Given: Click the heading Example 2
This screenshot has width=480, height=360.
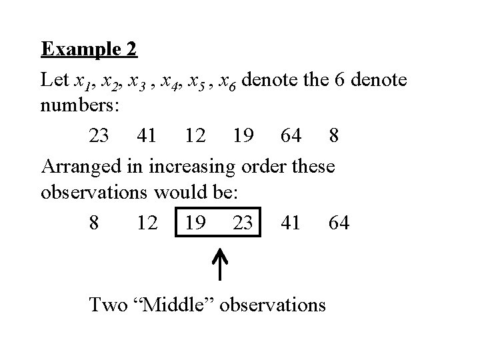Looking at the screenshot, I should pos(89,49).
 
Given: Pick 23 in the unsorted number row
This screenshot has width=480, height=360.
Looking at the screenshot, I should pos(100,136).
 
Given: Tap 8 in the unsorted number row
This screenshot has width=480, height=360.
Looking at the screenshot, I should pos(334,136).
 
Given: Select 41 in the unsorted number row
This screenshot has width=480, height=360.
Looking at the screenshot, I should pos(147,136).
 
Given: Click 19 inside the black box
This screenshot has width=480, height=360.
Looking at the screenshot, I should pos(195,222).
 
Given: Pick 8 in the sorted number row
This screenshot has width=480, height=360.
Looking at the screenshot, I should pos(94,222).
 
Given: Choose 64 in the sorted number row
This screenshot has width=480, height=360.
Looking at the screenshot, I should pos(339,222).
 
